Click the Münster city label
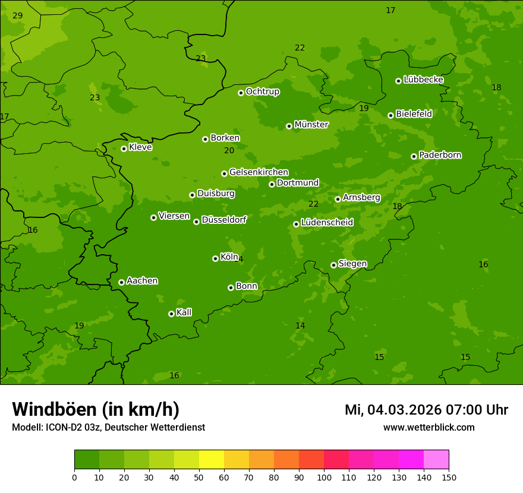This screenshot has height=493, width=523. [x=311, y=125]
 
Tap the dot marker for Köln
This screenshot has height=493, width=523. [x=215, y=258]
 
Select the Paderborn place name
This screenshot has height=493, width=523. [x=440, y=155]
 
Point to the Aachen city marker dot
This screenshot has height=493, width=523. [x=121, y=282]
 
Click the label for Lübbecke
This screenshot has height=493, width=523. [x=423, y=80]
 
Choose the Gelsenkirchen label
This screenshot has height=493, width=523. [x=259, y=172]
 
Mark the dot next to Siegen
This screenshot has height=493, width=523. [x=333, y=265]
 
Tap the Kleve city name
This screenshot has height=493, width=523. [x=140, y=147]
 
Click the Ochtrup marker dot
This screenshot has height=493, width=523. [x=241, y=93]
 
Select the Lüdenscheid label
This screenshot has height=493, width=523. [x=327, y=223]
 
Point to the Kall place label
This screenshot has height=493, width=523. [x=184, y=312]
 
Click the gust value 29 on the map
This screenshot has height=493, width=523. [x=18, y=15]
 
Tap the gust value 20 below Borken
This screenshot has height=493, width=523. [x=229, y=151]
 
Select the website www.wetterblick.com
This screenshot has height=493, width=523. [x=429, y=428]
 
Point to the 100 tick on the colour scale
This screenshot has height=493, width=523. [x=324, y=477]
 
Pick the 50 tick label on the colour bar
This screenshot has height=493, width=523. [x=199, y=477]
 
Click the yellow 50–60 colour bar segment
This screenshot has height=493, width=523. [x=212, y=460]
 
